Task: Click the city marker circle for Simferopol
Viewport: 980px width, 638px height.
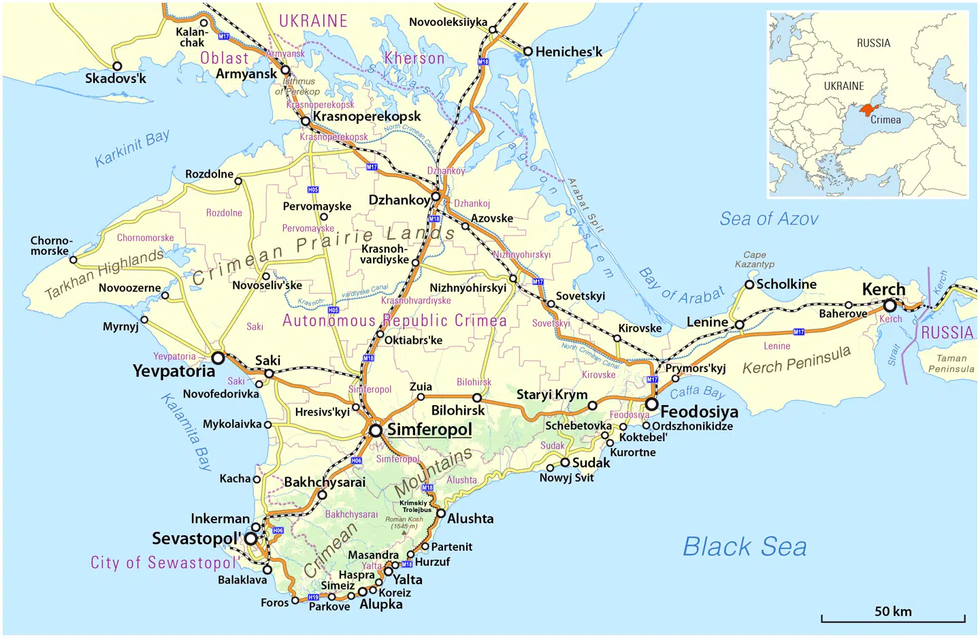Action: pos(376,430)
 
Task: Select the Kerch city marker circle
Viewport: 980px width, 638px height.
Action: pos(889,306)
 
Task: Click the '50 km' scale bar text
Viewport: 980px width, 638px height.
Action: pos(893,611)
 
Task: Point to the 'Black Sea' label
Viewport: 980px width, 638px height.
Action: pos(745,547)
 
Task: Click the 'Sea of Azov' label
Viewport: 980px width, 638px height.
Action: pos(769,219)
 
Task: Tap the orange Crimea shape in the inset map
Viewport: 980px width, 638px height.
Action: pos(867,109)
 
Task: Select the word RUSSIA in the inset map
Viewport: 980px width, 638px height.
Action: pos(873,43)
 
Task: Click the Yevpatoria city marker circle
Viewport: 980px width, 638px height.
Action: pos(218,357)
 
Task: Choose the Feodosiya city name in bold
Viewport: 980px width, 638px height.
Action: pos(699,412)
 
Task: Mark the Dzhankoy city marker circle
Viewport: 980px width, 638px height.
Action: pos(436,197)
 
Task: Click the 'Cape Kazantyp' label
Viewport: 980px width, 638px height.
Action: pos(754,259)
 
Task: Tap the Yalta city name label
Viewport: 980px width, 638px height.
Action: pos(407,579)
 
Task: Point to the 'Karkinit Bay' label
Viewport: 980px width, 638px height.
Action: pos(132,148)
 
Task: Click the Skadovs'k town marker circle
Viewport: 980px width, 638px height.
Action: pos(117,66)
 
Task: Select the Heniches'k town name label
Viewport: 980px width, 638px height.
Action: pos(568,52)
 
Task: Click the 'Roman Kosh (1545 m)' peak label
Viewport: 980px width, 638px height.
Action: pos(404,522)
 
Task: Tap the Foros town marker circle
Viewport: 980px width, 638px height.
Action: pos(295,601)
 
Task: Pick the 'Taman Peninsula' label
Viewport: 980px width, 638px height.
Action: pos(951,364)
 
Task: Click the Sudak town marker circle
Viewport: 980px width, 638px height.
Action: pos(565,462)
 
